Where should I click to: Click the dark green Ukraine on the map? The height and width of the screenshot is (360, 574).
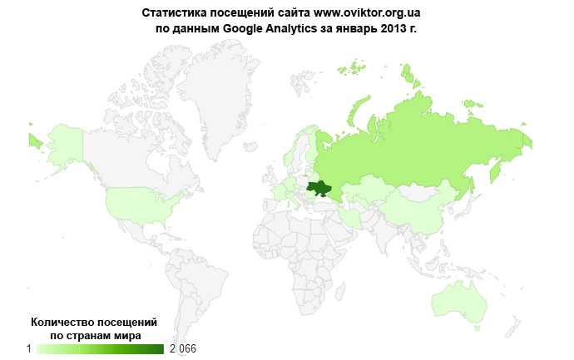click(x=319, y=189)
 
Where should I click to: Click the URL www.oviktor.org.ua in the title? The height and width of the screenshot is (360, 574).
click(x=367, y=13)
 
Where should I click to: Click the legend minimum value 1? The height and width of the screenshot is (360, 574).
click(x=29, y=348)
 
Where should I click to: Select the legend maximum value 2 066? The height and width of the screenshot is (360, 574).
click(x=183, y=348)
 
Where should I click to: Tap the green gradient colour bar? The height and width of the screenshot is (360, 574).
click(x=100, y=348)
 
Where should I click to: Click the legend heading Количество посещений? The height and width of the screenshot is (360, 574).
click(x=93, y=322)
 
